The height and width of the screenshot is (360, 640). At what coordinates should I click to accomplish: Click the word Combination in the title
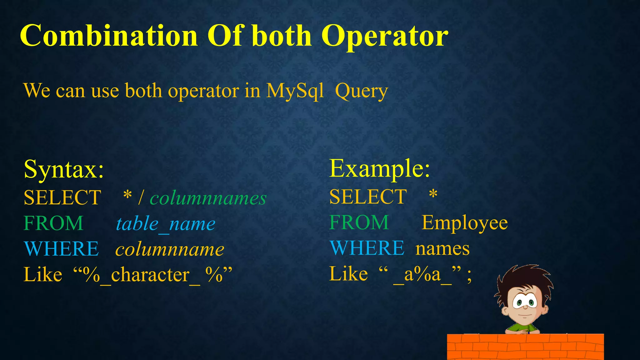coord(109,36)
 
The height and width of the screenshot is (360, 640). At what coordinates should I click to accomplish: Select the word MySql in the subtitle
coord(295,91)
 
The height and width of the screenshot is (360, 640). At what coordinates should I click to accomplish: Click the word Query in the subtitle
coord(361,92)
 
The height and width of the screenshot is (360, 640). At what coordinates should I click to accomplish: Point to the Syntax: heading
coord(64,170)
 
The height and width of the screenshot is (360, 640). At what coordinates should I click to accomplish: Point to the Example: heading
coord(380,169)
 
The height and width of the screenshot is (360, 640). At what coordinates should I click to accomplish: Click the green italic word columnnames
coord(208,198)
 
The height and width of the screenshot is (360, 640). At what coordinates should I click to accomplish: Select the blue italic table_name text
coord(166,224)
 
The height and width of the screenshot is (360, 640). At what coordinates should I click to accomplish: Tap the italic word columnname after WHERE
coord(170,249)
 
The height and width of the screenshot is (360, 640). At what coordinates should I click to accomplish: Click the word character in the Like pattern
coord(150,275)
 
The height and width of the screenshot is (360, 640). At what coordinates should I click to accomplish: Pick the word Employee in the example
coord(464,223)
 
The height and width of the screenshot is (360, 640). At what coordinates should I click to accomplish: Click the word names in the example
coord(442,249)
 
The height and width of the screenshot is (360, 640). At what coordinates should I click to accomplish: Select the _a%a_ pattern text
coord(422,275)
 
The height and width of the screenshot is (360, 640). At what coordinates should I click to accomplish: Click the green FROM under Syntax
coord(53,223)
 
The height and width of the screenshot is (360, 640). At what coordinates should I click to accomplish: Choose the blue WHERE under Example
coord(367,248)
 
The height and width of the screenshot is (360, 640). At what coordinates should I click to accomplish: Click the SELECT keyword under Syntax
coord(62,198)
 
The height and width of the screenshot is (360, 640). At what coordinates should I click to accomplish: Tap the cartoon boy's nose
coord(525,307)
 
